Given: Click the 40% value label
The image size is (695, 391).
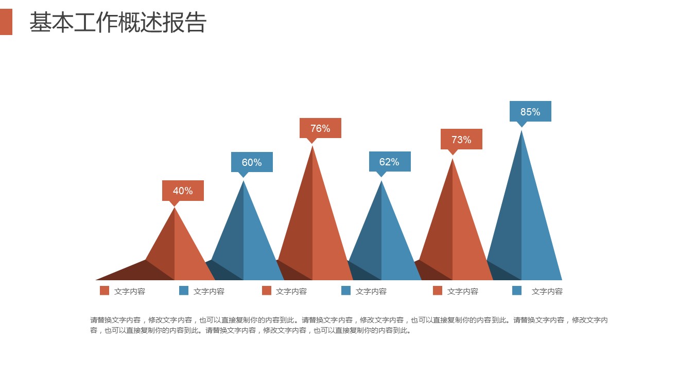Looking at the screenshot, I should [x=183, y=191].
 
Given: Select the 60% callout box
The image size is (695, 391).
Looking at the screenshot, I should [x=252, y=162].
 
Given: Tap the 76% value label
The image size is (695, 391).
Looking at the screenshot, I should [x=320, y=128].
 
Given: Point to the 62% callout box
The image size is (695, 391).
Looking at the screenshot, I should [x=390, y=162].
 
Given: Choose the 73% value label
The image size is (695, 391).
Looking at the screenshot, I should [x=461, y=139].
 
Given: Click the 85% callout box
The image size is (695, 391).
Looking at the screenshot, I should [x=530, y=111].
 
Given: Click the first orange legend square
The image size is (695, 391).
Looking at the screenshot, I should [x=105, y=291].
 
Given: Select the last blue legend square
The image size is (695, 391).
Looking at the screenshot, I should [x=517, y=291].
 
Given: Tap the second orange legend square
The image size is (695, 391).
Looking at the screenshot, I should [x=267, y=291].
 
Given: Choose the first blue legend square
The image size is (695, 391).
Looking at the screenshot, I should [x=184, y=291].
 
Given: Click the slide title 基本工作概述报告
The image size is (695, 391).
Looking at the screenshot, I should [x=118, y=23].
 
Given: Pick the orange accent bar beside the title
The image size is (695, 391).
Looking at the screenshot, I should [x=6, y=22].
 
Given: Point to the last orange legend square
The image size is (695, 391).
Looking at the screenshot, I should [x=438, y=291].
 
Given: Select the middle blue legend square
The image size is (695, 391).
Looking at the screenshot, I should [x=346, y=291].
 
